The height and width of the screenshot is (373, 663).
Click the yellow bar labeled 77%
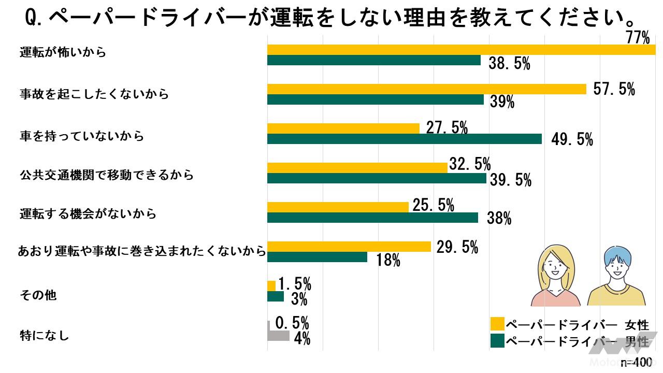click(461, 50)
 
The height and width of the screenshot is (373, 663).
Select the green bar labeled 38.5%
click(373, 61)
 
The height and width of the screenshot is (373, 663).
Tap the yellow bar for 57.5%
click(426, 89)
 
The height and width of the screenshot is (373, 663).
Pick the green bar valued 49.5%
click(404, 139)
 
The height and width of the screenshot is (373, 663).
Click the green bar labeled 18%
click(317, 257)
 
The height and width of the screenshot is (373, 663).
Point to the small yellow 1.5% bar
click(271, 286)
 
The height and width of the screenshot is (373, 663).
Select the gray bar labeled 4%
click(278, 336)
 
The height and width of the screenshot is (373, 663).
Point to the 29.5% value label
click(457, 248)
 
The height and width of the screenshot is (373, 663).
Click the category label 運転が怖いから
click(63, 52)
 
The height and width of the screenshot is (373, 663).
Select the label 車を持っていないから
click(82, 136)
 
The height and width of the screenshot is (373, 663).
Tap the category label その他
click(38, 295)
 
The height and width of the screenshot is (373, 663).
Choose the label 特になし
click(45, 335)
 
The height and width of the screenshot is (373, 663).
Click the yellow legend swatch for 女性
click(497, 324)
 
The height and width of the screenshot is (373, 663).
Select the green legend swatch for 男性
click(497, 340)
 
